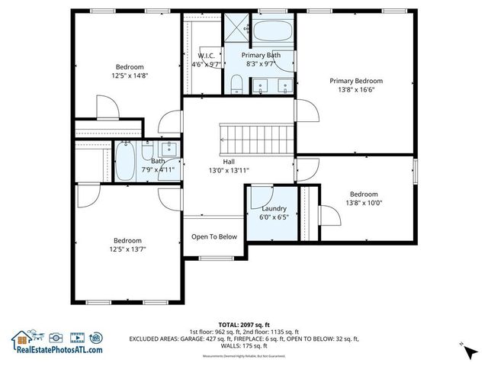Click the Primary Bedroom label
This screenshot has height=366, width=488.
(x=355, y=80)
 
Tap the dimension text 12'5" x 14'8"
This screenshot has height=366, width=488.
(x=130, y=75)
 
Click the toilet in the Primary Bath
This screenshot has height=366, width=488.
(x=237, y=83)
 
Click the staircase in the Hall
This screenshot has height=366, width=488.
(x=256, y=138)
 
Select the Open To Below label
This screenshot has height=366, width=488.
(x=213, y=236)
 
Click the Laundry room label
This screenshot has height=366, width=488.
(x=274, y=208)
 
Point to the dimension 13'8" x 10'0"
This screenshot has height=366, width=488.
(x=364, y=203)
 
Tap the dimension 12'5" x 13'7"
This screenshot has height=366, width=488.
(x=128, y=249)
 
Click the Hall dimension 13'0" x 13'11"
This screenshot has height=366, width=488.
(x=229, y=171)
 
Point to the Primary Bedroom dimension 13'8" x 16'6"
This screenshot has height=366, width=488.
(x=356, y=90)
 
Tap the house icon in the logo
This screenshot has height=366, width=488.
(x=21, y=338)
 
